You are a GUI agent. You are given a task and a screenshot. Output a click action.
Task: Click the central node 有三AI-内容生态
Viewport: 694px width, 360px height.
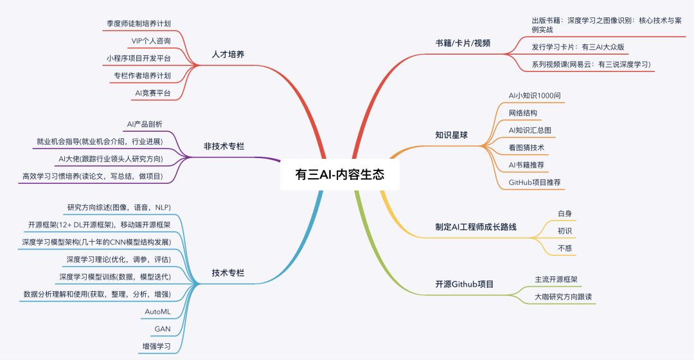tap(339, 175)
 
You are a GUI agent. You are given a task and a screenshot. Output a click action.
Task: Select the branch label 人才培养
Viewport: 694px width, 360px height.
tap(228, 54)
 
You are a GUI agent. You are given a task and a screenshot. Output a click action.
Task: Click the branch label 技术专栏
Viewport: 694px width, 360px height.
tap(228, 273)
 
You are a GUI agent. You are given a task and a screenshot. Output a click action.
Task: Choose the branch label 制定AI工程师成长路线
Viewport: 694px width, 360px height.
tap(476, 227)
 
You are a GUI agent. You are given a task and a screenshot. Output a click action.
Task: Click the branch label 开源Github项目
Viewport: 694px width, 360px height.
tap(464, 283)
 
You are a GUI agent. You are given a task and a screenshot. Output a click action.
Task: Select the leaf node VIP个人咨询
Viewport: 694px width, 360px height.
tap(151, 40)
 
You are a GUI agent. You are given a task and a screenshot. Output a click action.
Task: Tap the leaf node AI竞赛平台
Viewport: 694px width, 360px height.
tap(152, 93)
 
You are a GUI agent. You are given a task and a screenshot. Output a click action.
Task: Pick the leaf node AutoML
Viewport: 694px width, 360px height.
tap(157, 312)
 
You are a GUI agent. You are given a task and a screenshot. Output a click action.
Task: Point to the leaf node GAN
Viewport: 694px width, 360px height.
tap(162, 329)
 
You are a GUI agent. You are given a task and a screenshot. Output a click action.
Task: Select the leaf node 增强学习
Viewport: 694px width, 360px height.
tap(156, 346)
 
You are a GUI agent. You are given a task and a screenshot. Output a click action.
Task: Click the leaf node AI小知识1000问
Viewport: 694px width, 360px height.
tap(535, 95)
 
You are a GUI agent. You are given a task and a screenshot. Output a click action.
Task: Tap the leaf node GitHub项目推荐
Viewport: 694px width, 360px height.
tap(535, 183)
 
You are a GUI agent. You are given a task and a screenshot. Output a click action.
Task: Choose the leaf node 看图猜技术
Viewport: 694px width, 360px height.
tap(526, 147)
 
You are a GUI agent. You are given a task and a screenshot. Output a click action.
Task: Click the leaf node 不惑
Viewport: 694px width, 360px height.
tap(565, 247)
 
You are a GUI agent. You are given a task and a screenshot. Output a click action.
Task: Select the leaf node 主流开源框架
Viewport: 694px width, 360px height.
tap(556, 280)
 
